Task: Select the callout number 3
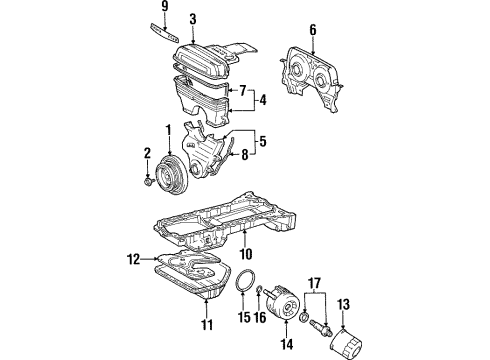pos(192,18)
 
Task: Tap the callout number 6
pos(312,30)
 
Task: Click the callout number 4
pos(261,101)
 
